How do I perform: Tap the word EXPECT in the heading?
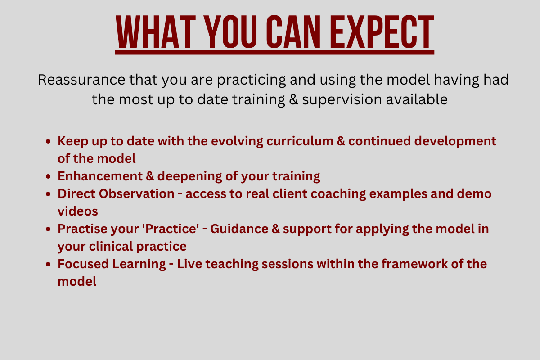tap(382, 32)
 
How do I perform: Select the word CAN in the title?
tap(293, 32)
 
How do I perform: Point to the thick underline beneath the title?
tap(274, 52)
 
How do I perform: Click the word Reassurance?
tap(81, 80)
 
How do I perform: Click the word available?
tap(417, 99)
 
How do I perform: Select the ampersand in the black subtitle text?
tap(293, 99)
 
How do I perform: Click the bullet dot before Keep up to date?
tap(48, 141)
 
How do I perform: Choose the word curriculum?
tap(300, 141)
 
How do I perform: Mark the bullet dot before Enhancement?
tap(48, 176)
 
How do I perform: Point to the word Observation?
tap(137, 193)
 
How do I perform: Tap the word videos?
tap(77, 211)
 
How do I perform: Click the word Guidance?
tap(239, 229)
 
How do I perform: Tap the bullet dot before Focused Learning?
tap(48, 264)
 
